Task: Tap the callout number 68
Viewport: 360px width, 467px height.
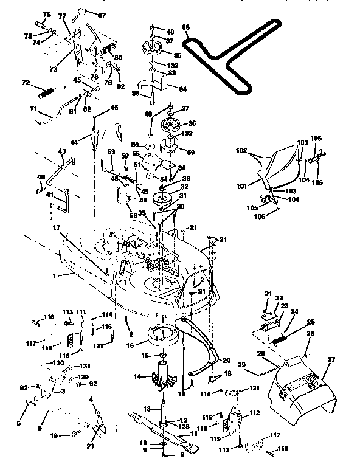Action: click(185, 28)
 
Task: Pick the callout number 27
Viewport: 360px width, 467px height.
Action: click(332, 361)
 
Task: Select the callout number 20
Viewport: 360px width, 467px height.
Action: click(227, 360)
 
